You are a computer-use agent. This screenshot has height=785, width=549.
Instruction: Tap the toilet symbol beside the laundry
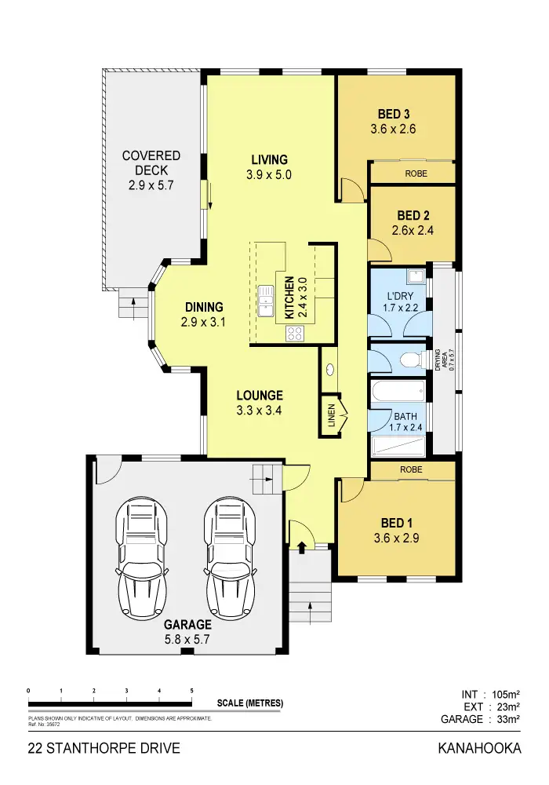click(409, 360)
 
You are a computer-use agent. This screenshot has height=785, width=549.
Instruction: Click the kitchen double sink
click(265, 300)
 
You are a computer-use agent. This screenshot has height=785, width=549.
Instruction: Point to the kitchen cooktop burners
click(295, 333)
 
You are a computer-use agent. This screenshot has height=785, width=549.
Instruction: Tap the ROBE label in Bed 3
click(416, 173)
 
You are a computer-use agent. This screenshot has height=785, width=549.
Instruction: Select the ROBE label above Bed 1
click(411, 469)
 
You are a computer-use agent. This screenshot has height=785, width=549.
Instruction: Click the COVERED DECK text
click(151, 163)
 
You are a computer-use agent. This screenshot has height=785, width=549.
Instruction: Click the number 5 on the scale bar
click(192, 690)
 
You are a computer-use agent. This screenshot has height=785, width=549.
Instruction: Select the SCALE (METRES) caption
click(250, 703)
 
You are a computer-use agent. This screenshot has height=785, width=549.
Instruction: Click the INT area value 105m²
click(502, 694)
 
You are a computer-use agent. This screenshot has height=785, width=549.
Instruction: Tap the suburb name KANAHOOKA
click(478, 748)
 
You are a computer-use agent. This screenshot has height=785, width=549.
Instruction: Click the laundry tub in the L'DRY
click(418, 276)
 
